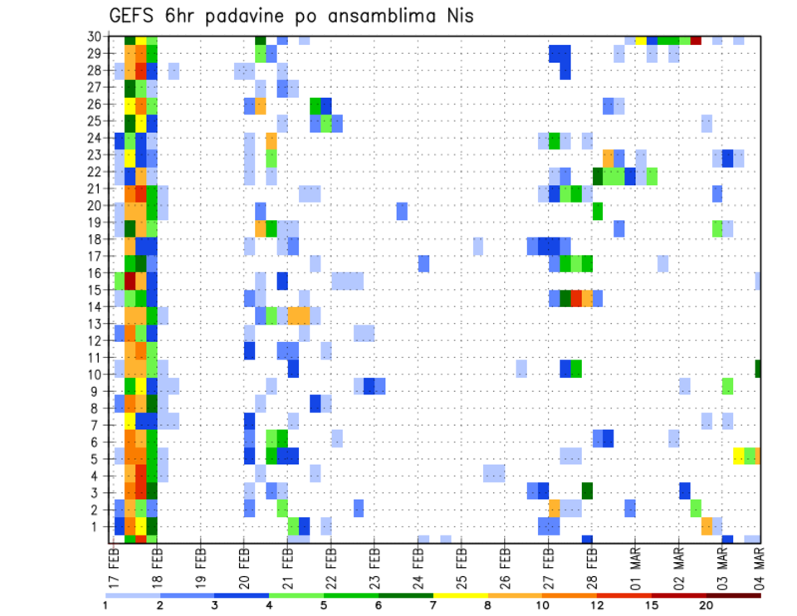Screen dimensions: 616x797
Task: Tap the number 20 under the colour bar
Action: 706,605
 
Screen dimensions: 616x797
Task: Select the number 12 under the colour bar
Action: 598,605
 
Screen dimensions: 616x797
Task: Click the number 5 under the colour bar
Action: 324,605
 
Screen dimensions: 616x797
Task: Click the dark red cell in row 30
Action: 696,40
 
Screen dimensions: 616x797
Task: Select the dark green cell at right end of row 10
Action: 758,368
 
